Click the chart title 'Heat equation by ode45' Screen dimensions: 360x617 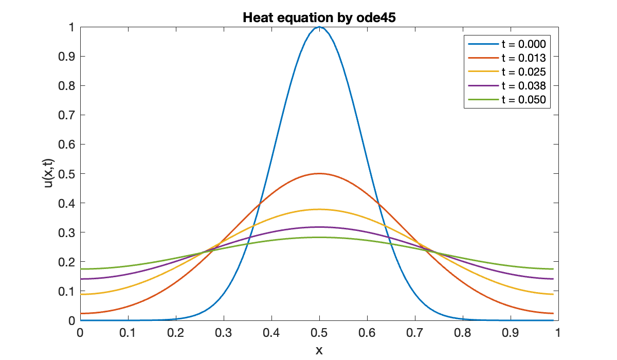(319, 17)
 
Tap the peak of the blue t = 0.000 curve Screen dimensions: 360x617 (319, 27)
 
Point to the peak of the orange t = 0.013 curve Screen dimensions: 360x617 (319, 174)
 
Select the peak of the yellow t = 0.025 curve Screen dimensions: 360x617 (319, 209)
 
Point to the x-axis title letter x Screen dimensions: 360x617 (319, 350)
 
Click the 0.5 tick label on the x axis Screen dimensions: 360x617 (319, 333)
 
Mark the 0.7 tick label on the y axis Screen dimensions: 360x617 (67, 115)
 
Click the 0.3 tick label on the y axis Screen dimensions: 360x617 (67, 232)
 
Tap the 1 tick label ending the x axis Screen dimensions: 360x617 (558, 333)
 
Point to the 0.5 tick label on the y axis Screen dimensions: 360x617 (67, 174)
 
